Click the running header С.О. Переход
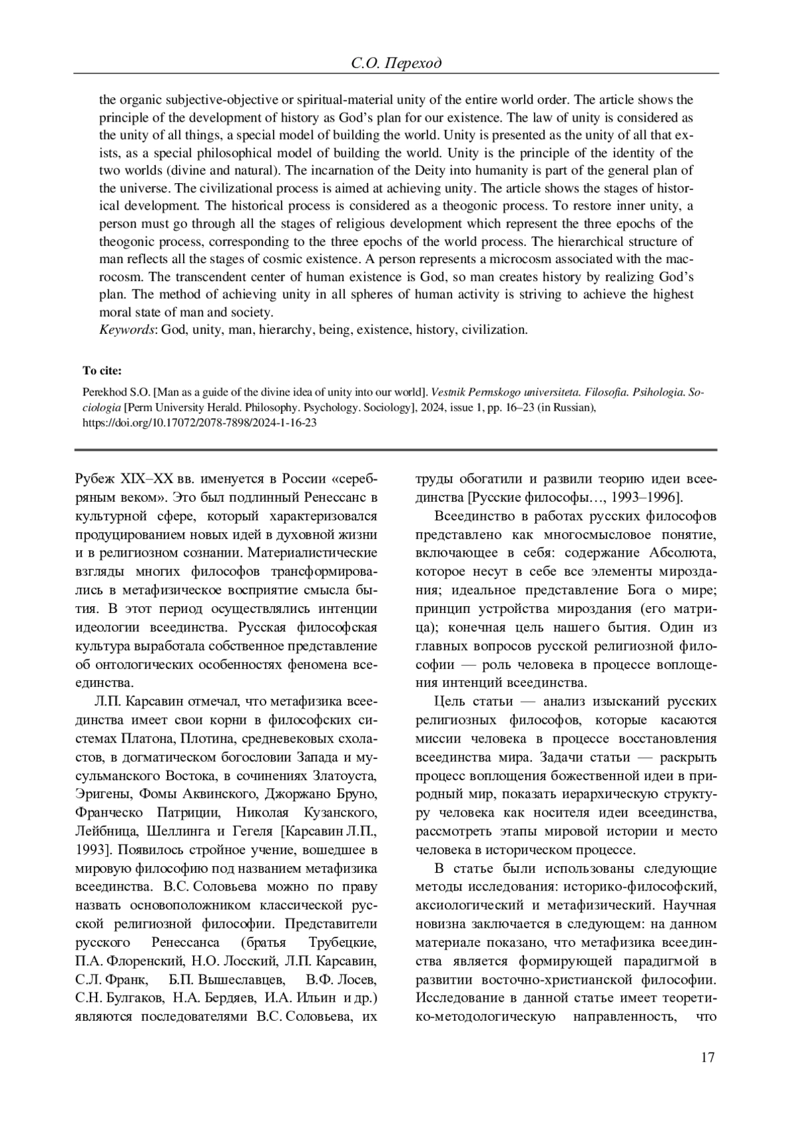(396, 63)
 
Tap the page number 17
(707, 1058)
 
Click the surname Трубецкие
(342, 942)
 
